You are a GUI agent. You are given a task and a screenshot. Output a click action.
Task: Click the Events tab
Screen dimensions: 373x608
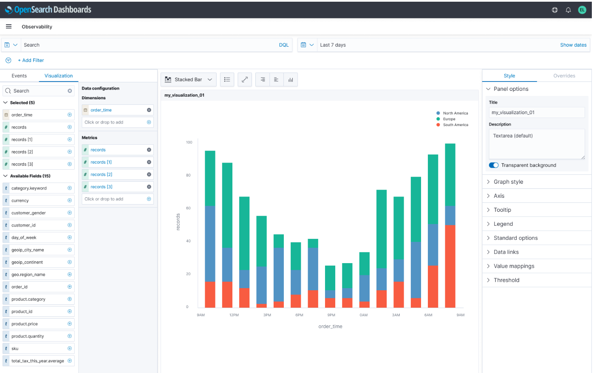[x=19, y=76]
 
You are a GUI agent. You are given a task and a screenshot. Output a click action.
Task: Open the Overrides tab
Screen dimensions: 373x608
[x=564, y=76]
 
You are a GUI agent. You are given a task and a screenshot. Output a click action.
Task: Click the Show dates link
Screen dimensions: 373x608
[x=573, y=45]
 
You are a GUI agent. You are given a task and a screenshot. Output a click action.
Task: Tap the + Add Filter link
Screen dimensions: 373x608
[x=31, y=60]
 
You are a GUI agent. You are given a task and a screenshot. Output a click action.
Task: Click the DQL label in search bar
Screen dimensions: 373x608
[x=283, y=45]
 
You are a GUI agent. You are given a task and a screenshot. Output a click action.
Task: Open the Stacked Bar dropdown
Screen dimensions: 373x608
[x=189, y=80]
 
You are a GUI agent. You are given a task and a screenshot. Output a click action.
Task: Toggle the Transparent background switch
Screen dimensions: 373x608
[x=493, y=165]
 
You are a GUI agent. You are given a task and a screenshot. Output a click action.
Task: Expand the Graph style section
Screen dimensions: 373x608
[x=508, y=182]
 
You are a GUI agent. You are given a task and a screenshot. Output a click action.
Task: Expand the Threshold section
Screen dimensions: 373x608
[x=506, y=280]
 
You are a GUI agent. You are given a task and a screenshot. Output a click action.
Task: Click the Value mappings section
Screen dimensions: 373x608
[x=514, y=266]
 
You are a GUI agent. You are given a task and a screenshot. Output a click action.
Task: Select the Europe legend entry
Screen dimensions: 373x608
[x=449, y=119]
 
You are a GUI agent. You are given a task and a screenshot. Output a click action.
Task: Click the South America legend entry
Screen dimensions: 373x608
[x=455, y=125]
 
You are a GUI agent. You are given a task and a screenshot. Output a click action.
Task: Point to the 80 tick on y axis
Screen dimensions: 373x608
[x=188, y=175]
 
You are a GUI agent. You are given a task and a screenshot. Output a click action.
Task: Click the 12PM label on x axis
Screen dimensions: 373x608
[x=234, y=315]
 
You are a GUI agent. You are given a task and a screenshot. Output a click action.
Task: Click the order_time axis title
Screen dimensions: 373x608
[x=330, y=326]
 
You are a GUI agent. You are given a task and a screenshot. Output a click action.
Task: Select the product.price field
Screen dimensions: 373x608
[x=25, y=324]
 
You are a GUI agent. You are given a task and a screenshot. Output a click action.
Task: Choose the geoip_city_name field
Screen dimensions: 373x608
[x=28, y=250]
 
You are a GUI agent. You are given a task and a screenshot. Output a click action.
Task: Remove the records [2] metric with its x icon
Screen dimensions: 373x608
[x=149, y=174]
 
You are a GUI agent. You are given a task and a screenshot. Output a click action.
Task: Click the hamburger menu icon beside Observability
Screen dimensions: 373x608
[x=8, y=26]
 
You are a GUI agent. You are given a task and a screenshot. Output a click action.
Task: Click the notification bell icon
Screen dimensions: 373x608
[x=568, y=10]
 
